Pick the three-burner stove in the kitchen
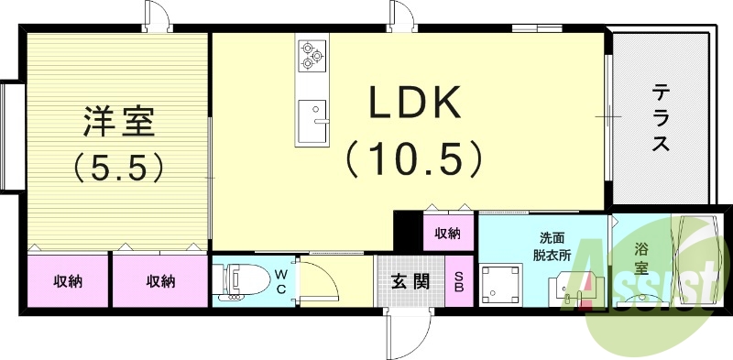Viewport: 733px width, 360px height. point(312,55)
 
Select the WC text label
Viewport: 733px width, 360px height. point(281,281)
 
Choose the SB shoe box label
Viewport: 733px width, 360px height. point(460,281)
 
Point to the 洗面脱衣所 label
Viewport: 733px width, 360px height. point(552,247)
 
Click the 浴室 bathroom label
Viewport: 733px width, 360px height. point(642,257)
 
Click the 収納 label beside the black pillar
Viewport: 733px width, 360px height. point(448,234)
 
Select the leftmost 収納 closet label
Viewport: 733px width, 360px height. point(67,281)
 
